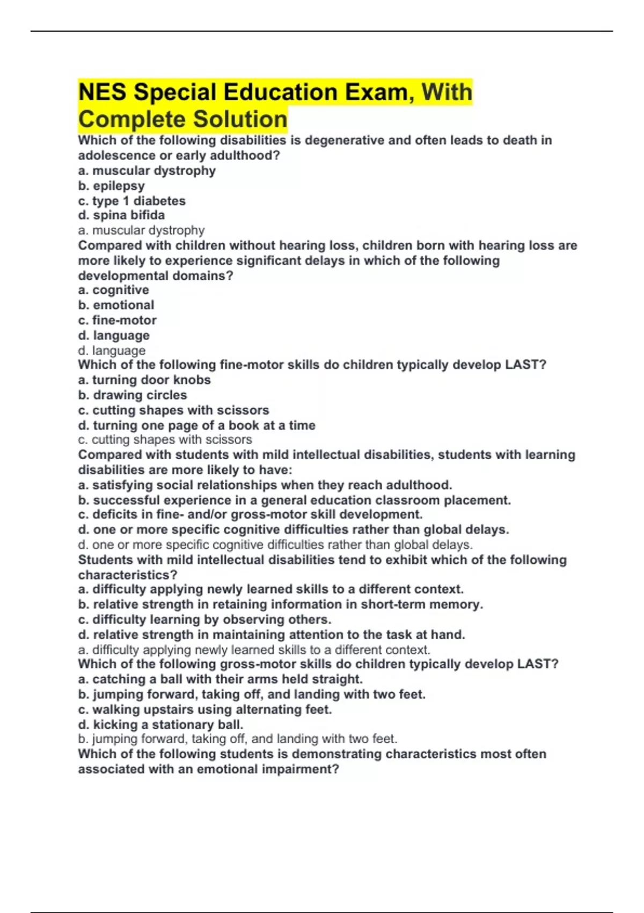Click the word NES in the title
coord(103,92)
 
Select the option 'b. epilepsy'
coord(111,186)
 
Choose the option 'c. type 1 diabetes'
coord(131,201)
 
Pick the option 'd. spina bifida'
coord(121,215)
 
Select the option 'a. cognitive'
coord(113,290)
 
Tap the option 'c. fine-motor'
coord(117,320)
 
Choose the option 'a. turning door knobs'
coord(144,380)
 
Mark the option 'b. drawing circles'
coord(133,395)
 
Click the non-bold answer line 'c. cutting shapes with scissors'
coord(165,440)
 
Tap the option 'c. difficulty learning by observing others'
coord(204,619)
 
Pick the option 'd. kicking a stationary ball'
coord(160,724)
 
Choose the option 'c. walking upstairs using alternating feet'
coord(205,709)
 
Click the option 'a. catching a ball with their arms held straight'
coord(220,679)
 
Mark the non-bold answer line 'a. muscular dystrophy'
coord(141,230)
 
